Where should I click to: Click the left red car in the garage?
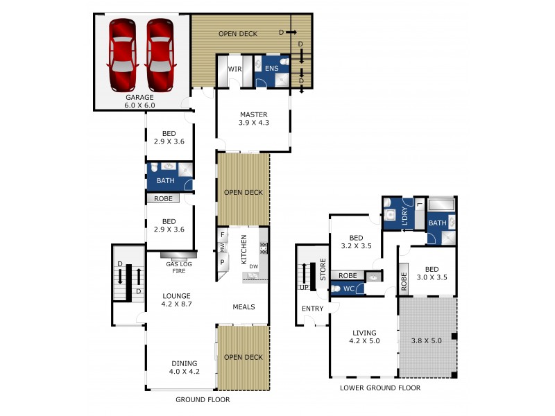point(122,55)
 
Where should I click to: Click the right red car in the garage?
point(160,55)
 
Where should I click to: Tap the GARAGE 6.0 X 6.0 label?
point(139,101)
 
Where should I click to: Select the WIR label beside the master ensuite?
point(234,69)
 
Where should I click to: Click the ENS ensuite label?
point(271,69)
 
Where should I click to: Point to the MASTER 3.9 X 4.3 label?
point(254,119)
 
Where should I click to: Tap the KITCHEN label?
point(244,250)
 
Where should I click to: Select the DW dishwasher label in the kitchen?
point(254,266)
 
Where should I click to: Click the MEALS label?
point(244,306)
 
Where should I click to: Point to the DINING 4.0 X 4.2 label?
point(184,367)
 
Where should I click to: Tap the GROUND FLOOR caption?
point(203,399)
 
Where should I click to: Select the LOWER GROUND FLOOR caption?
point(380,388)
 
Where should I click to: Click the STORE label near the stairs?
point(323,269)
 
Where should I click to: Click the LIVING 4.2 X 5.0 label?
point(365,337)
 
